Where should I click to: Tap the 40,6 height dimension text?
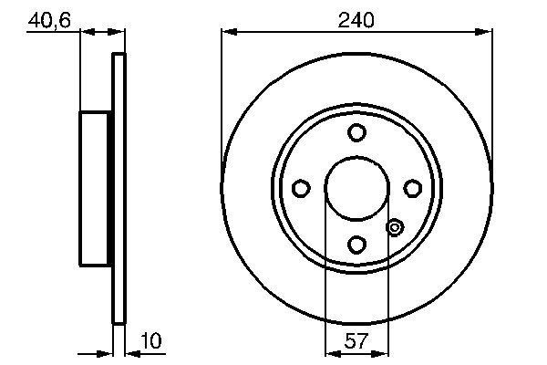click(50, 19)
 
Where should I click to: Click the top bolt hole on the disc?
click(356, 132)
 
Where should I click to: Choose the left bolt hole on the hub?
click(301, 188)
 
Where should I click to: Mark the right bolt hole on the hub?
click(412, 188)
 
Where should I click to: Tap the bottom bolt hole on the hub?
click(356, 244)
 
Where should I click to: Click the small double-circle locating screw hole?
click(395, 227)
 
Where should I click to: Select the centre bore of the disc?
click(356, 188)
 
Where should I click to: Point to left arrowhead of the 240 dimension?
click(227, 34)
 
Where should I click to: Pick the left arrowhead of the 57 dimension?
click(331, 350)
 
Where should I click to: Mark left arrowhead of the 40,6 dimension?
click(87, 34)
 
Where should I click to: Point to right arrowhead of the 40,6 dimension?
click(118, 34)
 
